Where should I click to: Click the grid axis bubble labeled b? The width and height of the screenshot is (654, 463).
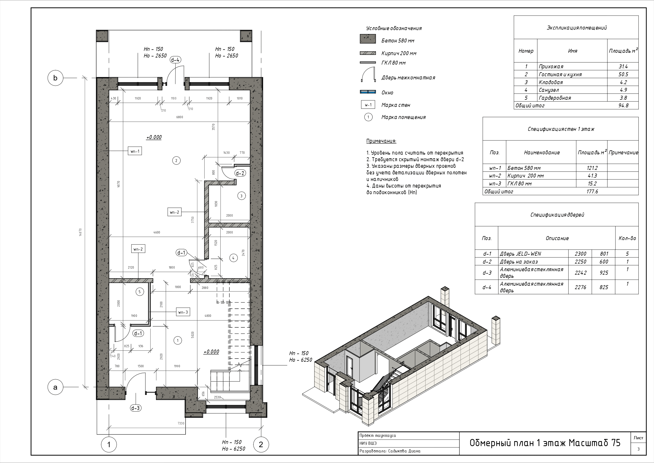(55, 78)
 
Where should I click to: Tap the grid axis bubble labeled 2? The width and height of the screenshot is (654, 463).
(261, 445)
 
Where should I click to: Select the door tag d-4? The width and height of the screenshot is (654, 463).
(176, 60)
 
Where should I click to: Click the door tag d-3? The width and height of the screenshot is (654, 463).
(135, 408)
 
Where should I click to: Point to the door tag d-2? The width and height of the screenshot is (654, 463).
(240, 173)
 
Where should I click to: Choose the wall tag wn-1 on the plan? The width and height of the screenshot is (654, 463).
(135, 151)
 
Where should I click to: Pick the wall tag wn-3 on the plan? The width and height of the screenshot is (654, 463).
(183, 312)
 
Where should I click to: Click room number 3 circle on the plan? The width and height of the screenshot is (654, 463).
(241, 196)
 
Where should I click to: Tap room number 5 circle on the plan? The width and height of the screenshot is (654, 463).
(139, 292)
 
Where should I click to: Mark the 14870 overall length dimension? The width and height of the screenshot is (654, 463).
(81, 233)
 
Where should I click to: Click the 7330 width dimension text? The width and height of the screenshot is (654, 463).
(181, 423)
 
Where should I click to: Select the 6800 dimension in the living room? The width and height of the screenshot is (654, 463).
(180, 117)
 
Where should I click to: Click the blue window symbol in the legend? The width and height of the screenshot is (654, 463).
(368, 92)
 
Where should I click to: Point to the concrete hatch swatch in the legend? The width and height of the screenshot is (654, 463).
(368, 39)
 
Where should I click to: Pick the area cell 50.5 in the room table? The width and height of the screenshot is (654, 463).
(623, 74)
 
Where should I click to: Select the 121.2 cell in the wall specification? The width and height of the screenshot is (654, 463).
(592, 168)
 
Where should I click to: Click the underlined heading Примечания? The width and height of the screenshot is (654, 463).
(381, 141)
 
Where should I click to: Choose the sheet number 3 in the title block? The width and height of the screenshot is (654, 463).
(638, 449)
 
